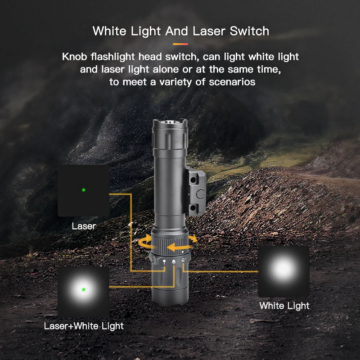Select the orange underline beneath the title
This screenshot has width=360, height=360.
point(180,44)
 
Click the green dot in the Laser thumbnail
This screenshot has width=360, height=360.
point(84,190)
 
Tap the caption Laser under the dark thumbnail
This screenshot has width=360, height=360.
point(84,226)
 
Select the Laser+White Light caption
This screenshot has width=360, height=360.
point(84,326)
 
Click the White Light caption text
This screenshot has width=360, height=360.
point(284,306)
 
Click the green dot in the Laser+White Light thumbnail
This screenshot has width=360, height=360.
point(84,289)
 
